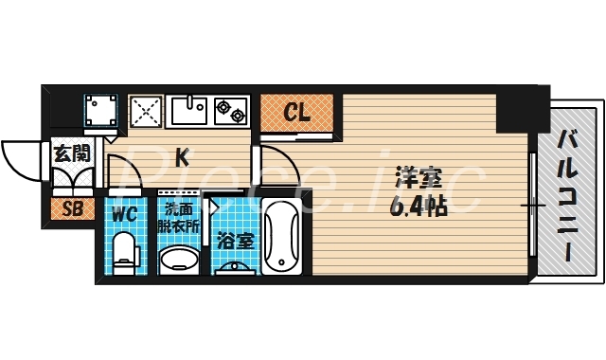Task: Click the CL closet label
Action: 297,115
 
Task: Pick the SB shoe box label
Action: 70,209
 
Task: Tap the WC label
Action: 124,213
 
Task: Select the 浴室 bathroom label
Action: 233,241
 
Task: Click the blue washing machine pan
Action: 100,113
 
